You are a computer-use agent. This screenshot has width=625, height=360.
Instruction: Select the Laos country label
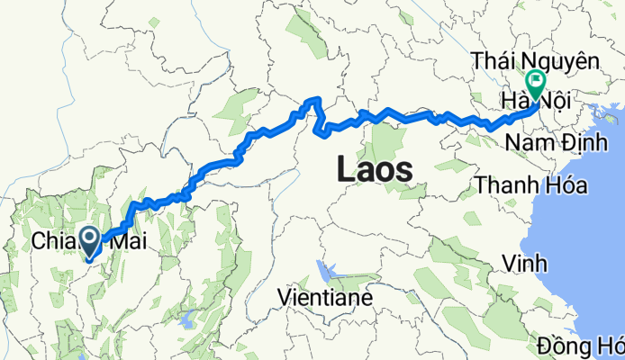click(x=375, y=168)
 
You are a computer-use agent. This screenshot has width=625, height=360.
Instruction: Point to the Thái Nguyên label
click(x=536, y=61)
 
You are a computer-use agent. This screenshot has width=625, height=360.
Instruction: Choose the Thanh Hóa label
click(x=532, y=185)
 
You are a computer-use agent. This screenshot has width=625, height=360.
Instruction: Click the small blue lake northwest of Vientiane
click(x=323, y=269)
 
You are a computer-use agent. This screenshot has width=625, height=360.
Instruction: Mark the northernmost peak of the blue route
click(x=314, y=99)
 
